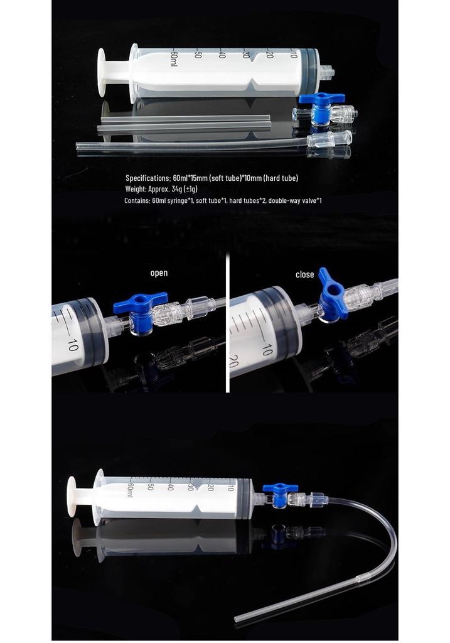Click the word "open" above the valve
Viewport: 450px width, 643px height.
tap(159, 273)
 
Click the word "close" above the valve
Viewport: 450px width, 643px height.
tap(304, 274)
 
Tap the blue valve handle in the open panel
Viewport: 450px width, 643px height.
tap(140, 301)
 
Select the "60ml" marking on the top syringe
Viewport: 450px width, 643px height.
tap(174, 58)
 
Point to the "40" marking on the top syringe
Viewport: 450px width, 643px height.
tap(222, 54)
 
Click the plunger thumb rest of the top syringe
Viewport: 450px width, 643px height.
tap(101, 72)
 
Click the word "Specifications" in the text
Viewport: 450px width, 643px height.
tap(147, 178)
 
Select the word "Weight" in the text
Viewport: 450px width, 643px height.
tap(135, 189)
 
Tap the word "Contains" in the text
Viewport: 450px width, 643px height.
tap(137, 200)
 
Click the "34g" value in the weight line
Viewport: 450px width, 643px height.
tap(177, 188)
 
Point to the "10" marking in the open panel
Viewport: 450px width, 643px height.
tap(72, 345)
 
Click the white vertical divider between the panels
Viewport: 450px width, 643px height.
tap(227, 323)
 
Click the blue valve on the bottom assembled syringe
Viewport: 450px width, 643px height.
tap(281, 494)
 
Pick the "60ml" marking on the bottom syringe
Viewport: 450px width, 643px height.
tap(131, 490)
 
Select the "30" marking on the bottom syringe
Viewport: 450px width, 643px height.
tap(190, 487)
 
